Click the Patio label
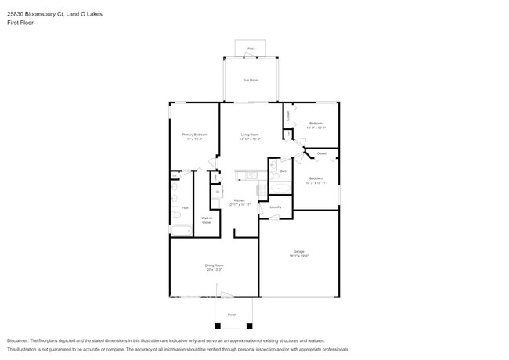coord(251,49)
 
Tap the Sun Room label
coord(251,81)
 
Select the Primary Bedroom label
coord(195,135)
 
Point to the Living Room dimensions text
coord(251,139)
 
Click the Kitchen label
coord(239,201)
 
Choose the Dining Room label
coord(215,266)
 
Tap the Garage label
coord(299,251)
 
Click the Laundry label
coord(276,207)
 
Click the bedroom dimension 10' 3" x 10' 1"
coord(316,128)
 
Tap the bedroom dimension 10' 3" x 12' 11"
coord(316,183)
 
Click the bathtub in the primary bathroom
coord(181,230)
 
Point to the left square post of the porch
coord(218,325)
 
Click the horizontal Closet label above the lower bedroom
coord(321,154)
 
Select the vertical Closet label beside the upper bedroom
coord(288,115)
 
